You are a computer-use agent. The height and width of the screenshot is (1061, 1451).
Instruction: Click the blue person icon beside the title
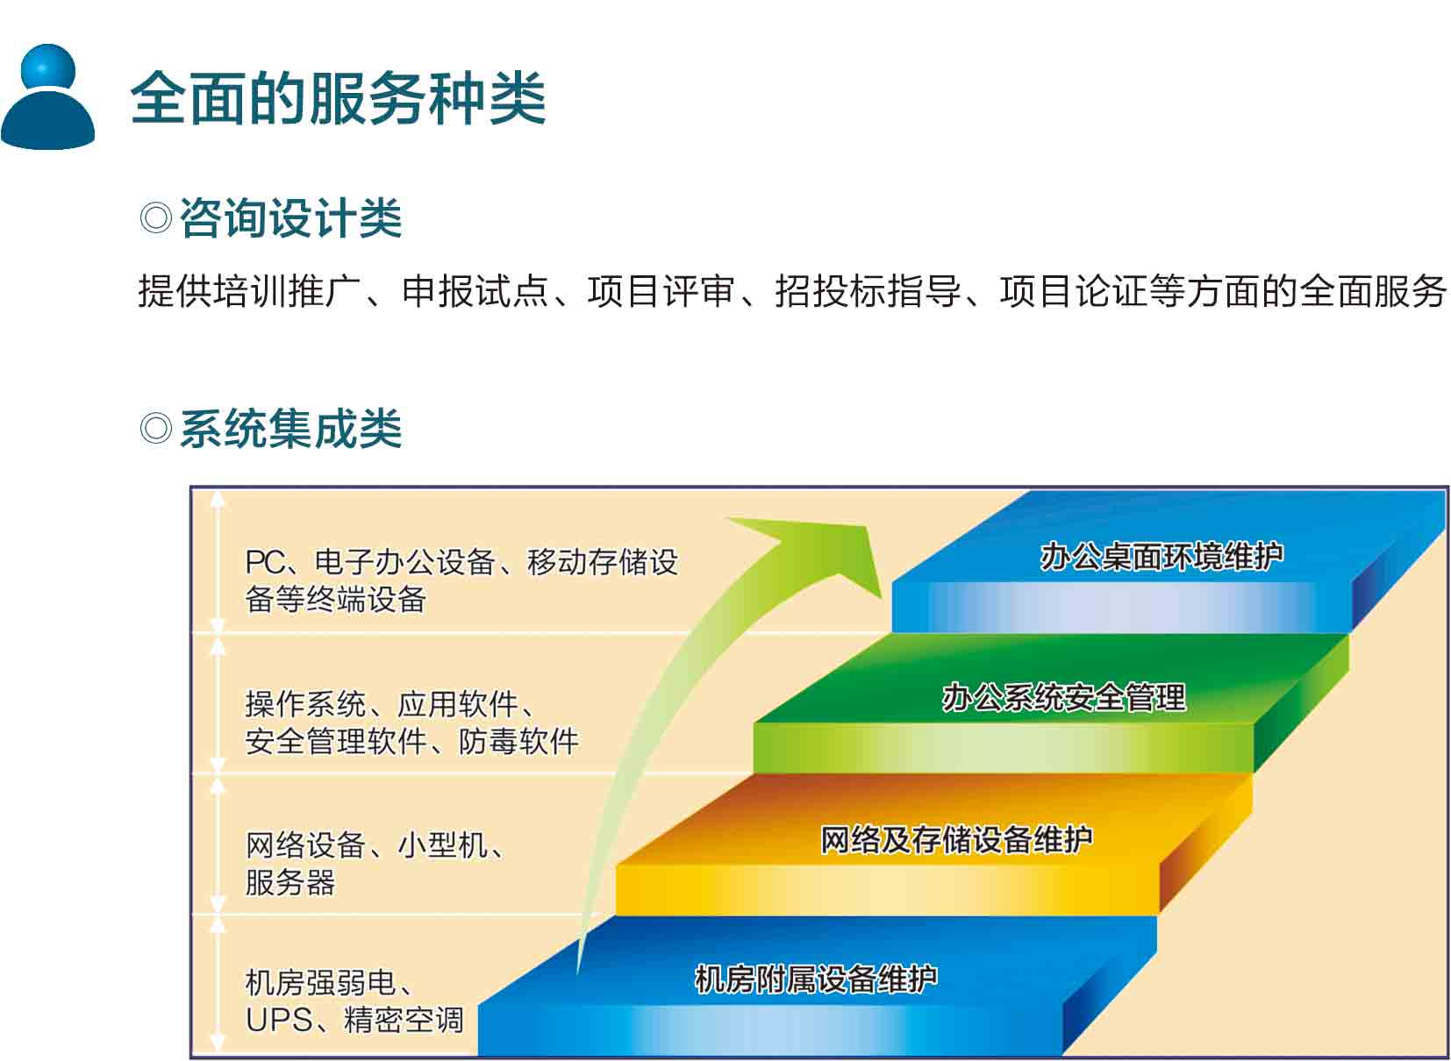point(48,96)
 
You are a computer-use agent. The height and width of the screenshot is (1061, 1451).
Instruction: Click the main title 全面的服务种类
point(338,97)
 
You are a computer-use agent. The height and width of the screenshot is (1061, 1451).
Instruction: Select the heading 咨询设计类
point(291,217)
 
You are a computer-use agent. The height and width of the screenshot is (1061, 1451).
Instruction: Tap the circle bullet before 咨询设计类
point(156,217)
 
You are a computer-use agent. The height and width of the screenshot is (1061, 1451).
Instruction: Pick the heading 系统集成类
point(291,429)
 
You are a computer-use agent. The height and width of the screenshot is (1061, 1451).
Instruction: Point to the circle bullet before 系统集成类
point(156,429)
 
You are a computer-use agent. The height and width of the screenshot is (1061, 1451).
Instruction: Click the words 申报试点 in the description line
point(475,290)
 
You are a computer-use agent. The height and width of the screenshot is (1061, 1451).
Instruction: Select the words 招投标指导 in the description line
point(868,290)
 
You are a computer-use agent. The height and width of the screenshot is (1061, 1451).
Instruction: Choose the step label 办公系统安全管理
point(1064,698)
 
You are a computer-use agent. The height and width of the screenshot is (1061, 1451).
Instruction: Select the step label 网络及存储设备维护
point(957,840)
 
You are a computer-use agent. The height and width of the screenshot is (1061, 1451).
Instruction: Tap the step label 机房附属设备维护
point(816,979)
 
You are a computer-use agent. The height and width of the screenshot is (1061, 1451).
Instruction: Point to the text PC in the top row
point(265,562)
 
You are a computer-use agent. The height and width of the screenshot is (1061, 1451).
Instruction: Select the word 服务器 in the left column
point(290,882)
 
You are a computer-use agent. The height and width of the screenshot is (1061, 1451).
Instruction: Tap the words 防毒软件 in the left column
point(518,741)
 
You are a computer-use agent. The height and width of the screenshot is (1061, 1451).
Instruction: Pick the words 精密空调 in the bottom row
point(404,1020)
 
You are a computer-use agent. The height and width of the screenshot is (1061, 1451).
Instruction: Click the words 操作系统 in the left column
point(306,703)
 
